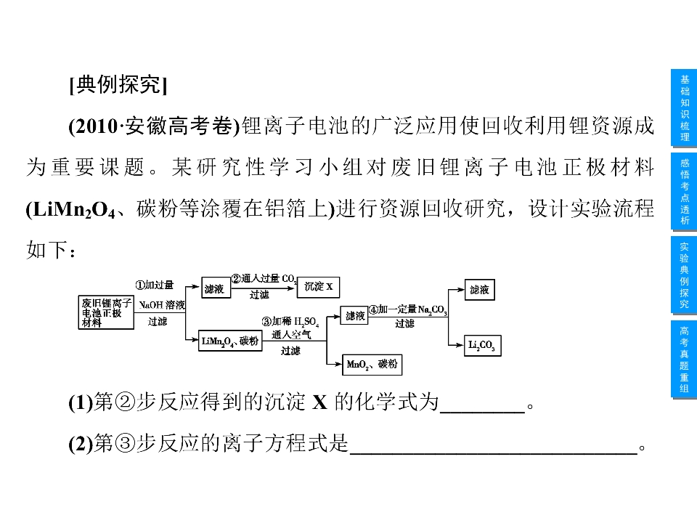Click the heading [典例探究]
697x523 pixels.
coord(118,84)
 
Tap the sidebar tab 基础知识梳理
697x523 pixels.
coord(684,108)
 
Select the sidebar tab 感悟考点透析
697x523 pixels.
coord(684,192)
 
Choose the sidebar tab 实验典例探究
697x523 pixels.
coord(684,275)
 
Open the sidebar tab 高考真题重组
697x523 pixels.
coord(684,360)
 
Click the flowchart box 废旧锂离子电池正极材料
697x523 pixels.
coord(106,312)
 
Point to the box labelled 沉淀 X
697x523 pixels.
coord(318,287)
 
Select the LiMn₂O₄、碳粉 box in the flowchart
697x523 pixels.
coord(230,341)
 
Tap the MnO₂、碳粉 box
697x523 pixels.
coord(372,365)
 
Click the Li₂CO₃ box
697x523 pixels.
coord(482,345)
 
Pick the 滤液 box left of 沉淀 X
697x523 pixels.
coord(216,288)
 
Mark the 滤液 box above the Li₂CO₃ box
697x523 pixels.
coord(480,290)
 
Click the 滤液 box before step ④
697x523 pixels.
coord(354,316)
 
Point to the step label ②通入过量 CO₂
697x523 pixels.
coord(264,279)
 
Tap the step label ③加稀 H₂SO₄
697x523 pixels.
coord(290,322)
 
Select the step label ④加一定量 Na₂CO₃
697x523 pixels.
coord(408,309)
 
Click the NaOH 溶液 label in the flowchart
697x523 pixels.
coord(162,305)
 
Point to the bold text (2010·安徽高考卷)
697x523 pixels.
coord(154,126)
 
